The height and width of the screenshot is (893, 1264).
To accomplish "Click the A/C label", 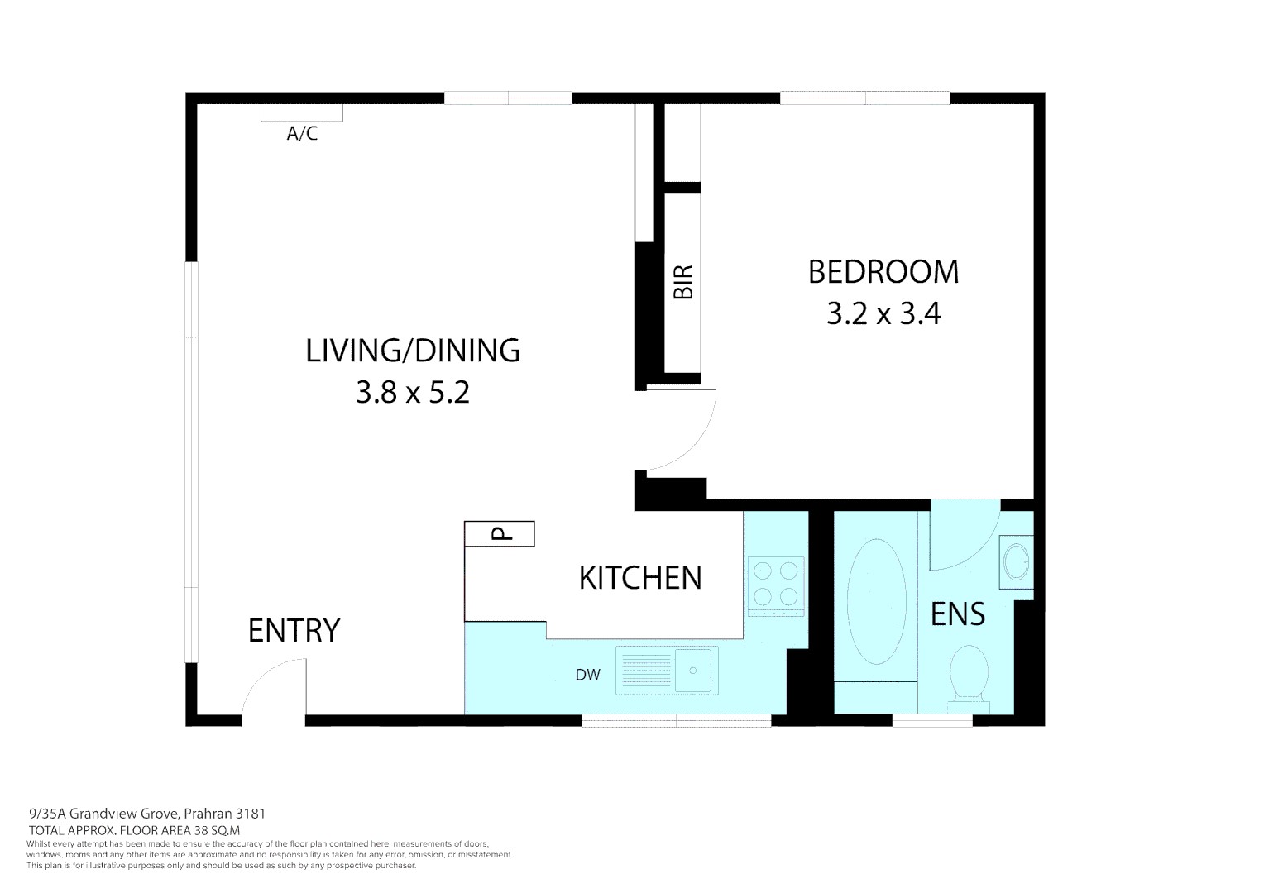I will [302, 133].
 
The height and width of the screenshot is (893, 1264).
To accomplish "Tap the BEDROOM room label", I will [883, 272].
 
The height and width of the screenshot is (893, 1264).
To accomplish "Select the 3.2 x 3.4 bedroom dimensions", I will [883, 314].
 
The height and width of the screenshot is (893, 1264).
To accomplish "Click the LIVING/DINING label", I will [413, 351].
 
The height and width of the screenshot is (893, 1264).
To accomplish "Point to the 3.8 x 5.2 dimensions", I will [413, 392].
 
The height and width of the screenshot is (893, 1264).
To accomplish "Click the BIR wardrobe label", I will [682, 282].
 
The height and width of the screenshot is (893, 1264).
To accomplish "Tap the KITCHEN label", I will [640, 577].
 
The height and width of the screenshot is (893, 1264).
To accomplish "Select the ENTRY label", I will [294, 631].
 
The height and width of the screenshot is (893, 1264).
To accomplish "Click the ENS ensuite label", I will [958, 614].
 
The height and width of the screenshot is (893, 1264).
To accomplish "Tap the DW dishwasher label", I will [587, 675].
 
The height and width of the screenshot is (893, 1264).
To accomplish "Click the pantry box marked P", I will [500, 534].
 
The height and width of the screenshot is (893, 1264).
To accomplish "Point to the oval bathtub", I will [876, 602].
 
